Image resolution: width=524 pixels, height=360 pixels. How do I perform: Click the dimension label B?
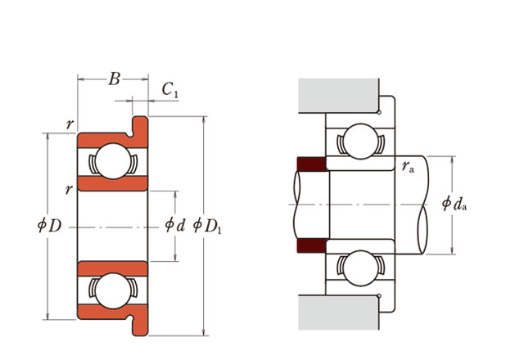[114, 79]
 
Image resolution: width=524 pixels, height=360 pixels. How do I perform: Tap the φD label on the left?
[49, 225]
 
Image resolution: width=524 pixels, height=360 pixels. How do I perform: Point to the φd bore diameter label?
[175, 224]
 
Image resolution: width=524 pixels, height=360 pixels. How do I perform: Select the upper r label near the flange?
[70, 125]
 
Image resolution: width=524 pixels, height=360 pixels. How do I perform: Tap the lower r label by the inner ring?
[70, 190]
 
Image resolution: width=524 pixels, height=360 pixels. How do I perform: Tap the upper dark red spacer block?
[310, 164]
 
